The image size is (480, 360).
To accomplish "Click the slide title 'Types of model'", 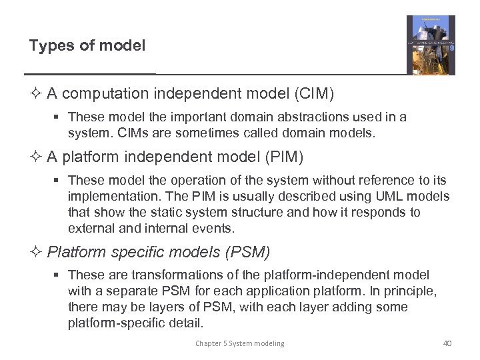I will [87, 46].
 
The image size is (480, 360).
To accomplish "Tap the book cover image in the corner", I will [431, 45].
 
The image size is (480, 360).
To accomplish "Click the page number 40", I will [447, 343].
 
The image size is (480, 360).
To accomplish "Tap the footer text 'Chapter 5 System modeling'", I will [239, 343].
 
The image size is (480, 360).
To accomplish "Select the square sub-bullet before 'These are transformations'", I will [58, 275].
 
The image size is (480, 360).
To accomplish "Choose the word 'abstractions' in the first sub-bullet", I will [300, 117].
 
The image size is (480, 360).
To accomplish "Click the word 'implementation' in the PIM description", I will [107, 197].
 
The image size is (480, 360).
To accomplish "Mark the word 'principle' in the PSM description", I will [414, 291].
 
